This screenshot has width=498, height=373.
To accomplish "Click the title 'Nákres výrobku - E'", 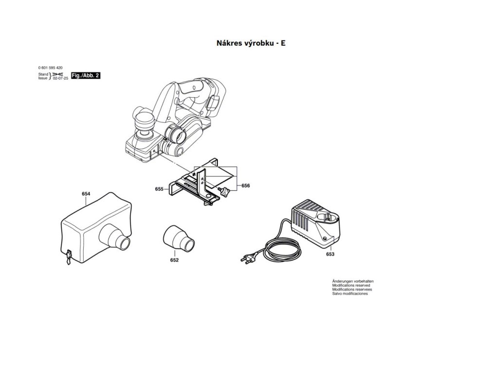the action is coord(250,43).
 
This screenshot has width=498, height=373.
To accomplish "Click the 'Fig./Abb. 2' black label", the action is coord(86,76).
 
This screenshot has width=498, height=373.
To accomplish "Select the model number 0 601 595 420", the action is coord(50,68).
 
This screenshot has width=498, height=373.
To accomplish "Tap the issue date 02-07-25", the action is coord(60,78).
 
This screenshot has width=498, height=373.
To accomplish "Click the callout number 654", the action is coord(86,194).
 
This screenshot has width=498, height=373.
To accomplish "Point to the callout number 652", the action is coord(174,260).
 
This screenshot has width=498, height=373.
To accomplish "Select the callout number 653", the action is coord(330,254).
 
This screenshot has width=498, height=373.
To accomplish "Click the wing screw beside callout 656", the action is coord(225,191).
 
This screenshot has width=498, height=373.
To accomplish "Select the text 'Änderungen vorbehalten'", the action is coord(353,281).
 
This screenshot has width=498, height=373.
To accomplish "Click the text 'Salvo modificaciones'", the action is coord(350,294).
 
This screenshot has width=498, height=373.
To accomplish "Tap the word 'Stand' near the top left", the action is coord(43,74).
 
